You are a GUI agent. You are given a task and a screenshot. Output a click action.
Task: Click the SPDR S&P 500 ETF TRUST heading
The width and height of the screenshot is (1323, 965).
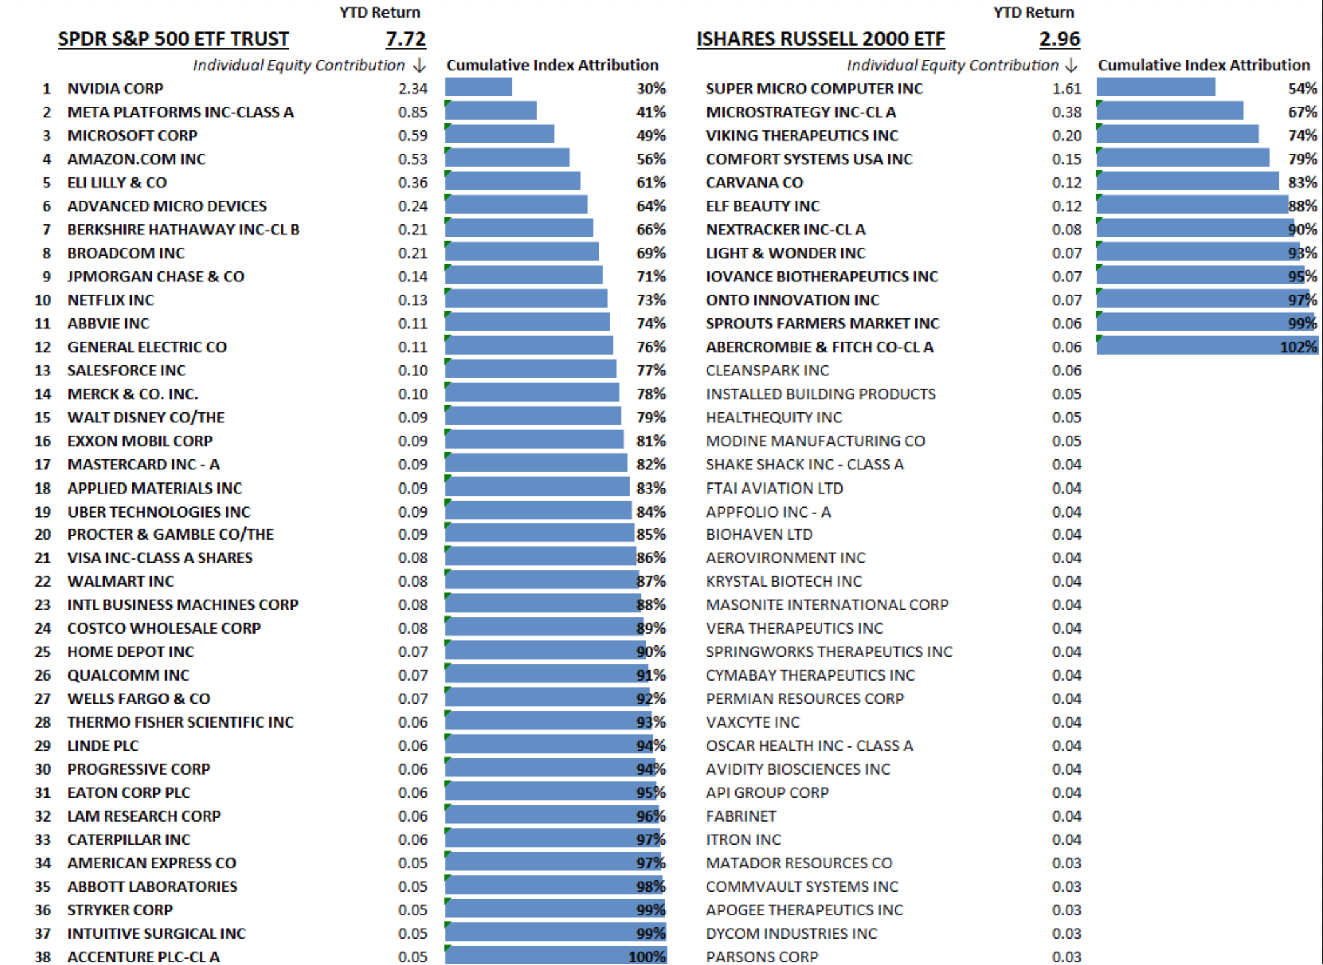173,39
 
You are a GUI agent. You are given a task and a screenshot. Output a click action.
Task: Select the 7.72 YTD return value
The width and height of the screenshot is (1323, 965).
405,39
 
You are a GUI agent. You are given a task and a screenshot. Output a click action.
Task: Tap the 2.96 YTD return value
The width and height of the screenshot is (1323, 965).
1059,39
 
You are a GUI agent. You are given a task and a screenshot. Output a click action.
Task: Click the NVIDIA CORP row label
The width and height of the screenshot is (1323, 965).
115,89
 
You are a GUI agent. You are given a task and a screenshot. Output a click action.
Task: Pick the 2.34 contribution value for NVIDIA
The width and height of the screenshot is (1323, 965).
412,89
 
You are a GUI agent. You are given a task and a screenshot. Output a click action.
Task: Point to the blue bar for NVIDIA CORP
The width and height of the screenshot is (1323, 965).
479,88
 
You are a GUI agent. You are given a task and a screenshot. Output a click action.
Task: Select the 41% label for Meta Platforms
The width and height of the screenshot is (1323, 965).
651,112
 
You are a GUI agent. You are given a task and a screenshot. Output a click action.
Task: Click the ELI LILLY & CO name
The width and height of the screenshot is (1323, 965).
117,183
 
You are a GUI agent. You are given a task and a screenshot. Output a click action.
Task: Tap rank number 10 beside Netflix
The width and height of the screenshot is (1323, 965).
43,300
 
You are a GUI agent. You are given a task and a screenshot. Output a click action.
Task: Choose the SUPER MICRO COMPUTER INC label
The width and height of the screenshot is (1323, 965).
814,89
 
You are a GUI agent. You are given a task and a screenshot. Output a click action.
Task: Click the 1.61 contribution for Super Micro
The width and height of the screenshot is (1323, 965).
1066,89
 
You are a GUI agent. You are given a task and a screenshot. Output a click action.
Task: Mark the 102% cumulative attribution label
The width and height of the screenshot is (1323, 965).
1298,347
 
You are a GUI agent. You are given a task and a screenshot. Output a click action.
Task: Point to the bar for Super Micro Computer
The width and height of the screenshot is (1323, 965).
1156,88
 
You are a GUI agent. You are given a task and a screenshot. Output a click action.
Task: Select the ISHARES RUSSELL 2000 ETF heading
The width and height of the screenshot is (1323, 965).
820,39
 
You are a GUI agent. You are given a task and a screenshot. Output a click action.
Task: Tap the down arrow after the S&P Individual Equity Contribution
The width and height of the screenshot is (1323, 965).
420,65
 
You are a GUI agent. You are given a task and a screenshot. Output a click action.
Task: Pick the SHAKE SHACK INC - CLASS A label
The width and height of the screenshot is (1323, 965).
804,464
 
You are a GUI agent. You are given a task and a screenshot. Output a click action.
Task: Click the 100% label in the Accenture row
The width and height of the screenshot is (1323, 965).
647,957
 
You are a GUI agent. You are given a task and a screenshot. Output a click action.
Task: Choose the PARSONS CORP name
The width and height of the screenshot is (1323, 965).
762,957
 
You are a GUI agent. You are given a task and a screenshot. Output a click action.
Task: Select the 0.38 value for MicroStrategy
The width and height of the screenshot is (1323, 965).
1066,112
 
